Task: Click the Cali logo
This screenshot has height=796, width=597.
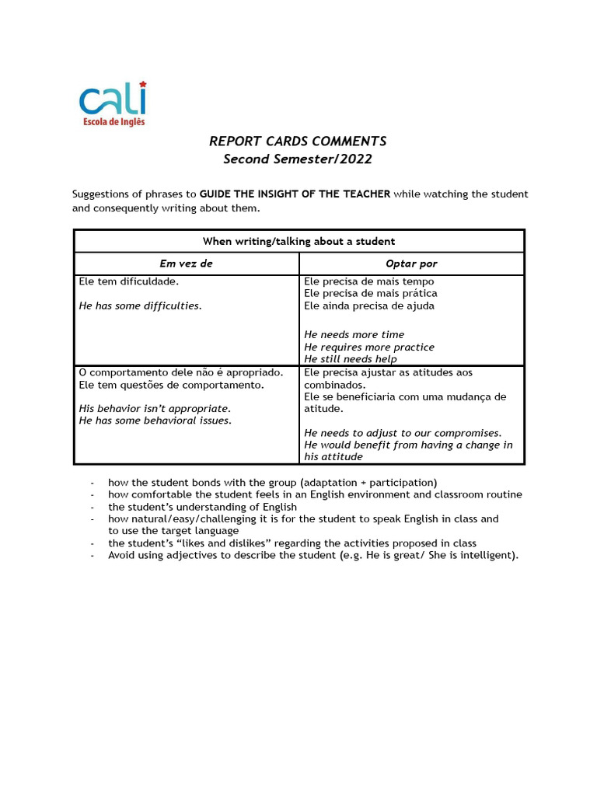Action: point(113,100)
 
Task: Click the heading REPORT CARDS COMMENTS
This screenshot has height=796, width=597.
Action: point(298,141)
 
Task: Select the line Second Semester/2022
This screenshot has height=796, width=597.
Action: point(298,159)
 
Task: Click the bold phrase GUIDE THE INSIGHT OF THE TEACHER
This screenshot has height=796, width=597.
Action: point(295,194)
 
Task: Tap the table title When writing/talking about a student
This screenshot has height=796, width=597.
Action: point(298,241)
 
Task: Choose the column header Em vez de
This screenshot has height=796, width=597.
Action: point(186,264)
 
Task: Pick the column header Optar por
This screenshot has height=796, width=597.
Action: point(411,264)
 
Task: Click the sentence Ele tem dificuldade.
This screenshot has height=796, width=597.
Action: point(128,281)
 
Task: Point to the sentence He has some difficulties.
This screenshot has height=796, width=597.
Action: point(140,305)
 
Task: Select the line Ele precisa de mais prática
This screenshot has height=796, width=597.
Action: point(370,293)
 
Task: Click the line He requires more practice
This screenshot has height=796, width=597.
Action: point(368,347)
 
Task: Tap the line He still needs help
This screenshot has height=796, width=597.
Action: point(350,359)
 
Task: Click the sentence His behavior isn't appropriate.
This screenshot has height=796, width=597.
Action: point(155,408)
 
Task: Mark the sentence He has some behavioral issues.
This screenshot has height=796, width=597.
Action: point(155,420)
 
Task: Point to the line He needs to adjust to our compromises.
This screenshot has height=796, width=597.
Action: point(403,432)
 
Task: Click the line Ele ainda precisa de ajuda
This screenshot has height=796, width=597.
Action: point(368,305)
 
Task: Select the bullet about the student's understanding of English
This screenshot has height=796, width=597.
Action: point(202,507)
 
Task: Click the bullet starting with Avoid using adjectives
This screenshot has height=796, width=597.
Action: point(312,555)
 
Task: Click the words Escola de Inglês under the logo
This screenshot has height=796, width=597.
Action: point(113,121)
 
